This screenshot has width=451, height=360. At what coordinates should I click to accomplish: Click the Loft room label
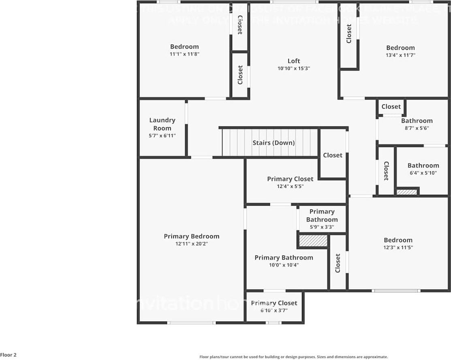click(x=294, y=61)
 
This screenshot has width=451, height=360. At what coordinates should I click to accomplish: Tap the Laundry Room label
click(x=162, y=124)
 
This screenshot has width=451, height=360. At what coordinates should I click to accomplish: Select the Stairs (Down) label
click(x=274, y=143)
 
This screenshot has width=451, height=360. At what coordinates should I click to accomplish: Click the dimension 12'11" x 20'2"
click(x=192, y=244)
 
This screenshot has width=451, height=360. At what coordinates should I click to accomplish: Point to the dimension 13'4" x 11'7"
click(x=400, y=55)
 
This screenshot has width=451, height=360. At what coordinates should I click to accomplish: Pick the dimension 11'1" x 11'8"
click(x=184, y=54)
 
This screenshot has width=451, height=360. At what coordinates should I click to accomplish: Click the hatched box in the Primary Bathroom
click(x=313, y=241)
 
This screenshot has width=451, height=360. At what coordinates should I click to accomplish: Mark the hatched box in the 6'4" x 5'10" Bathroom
click(x=406, y=192)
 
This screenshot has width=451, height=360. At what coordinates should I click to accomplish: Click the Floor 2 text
click(x=9, y=355)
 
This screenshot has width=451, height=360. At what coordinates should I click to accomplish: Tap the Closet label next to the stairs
click(x=333, y=155)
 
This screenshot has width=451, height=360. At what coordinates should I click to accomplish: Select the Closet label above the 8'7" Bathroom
click(x=391, y=107)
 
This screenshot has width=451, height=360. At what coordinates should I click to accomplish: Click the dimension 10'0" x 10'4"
click(x=284, y=265)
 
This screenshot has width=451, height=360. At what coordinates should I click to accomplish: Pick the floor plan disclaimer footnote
click(x=293, y=357)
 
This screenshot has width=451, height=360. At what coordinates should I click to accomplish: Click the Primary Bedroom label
click(x=192, y=236)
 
